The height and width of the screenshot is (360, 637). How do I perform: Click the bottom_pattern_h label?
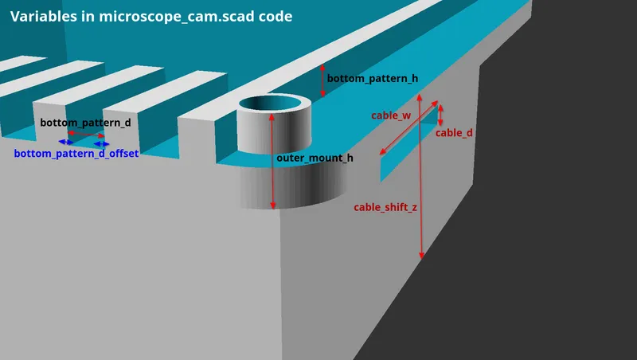(x=373, y=78)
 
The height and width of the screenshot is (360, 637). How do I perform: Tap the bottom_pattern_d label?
(x=85, y=123)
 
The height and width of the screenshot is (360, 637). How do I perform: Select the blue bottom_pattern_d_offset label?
(x=76, y=153)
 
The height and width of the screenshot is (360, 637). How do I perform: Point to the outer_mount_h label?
(x=315, y=158)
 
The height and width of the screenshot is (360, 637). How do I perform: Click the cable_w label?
(x=391, y=115)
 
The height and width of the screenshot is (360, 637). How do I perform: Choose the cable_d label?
(x=454, y=133)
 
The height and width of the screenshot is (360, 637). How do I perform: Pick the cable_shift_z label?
(x=385, y=207)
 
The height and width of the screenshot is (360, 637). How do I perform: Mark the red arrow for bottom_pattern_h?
(x=323, y=80)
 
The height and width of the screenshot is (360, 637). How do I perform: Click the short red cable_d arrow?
(x=441, y=115)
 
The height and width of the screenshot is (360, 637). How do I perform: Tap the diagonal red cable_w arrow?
(x=408, y=127)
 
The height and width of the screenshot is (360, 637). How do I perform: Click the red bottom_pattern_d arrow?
(x=86, y=135)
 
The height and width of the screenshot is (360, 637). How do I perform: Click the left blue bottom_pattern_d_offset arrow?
(x=64, y=143)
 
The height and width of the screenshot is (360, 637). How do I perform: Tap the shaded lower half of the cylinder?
(x=295, y=187)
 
